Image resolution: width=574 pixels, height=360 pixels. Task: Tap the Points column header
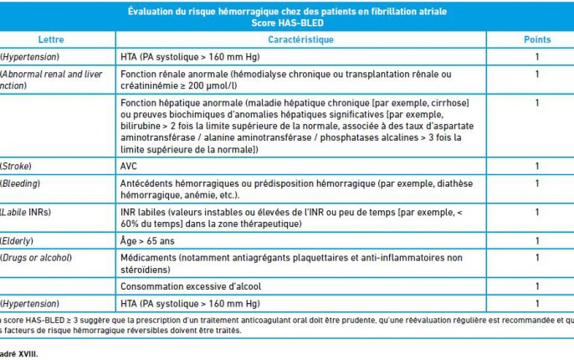point(537,40)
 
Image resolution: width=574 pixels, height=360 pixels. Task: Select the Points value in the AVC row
point(537,166)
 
